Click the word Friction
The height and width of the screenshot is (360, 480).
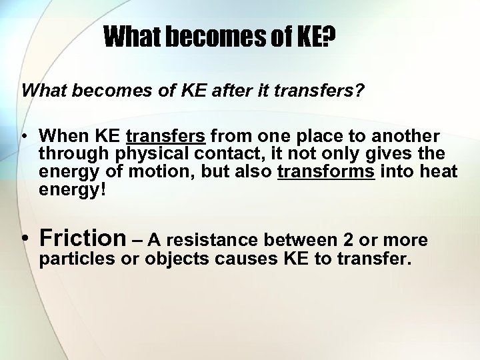tap(83, 237)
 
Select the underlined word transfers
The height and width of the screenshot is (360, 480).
tap(165, 137)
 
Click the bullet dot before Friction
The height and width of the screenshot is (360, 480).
tap(25, 239)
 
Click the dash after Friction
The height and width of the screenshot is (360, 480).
tap(137, 239)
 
